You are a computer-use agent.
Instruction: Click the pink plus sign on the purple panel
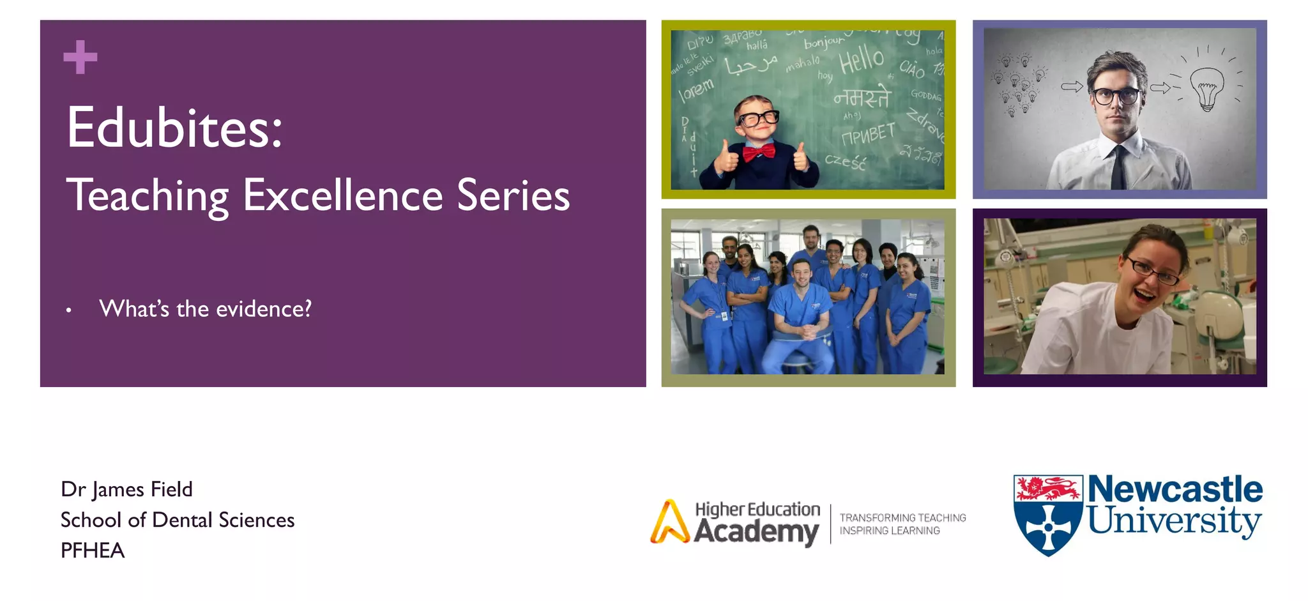80,57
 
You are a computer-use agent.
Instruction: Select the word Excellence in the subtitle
342,195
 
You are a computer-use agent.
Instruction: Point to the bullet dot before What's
68,311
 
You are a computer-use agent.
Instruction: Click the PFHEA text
93,551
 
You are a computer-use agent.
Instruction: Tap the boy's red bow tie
758,152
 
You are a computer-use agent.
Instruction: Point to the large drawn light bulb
1206,88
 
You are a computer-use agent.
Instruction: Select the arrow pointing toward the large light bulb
1160,87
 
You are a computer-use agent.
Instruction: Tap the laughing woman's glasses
1153,271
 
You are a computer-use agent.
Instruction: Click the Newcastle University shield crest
1047,514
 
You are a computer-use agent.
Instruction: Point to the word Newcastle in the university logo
1175,489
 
